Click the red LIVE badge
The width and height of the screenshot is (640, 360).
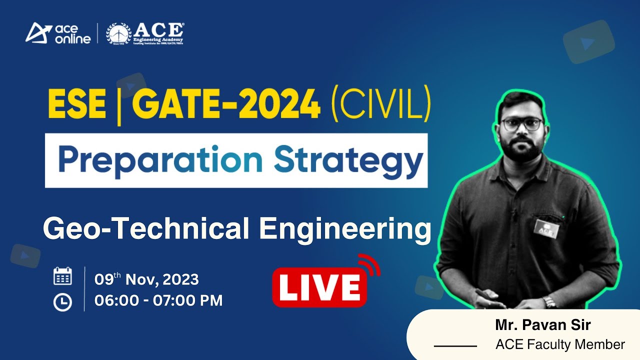(319, 288)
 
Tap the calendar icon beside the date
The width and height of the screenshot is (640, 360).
(62, 276)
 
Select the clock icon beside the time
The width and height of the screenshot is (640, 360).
(62, 301)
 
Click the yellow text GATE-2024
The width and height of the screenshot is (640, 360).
(226, 104)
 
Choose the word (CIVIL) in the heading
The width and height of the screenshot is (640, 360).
(379, 104)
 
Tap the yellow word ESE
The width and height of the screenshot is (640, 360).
(77, 104)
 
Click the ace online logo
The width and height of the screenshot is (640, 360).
(58, 33)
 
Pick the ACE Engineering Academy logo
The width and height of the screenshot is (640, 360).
(145, 33)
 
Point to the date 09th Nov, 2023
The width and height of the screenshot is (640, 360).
(146, 279)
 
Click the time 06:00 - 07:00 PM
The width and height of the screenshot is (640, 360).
(158, 300)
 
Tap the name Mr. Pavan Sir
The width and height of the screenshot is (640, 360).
(543, 325)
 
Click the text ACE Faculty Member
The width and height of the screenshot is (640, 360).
(560, 344)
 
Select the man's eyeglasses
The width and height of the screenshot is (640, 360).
(521, 124)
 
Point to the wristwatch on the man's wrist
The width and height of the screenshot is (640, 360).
(550, 301)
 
